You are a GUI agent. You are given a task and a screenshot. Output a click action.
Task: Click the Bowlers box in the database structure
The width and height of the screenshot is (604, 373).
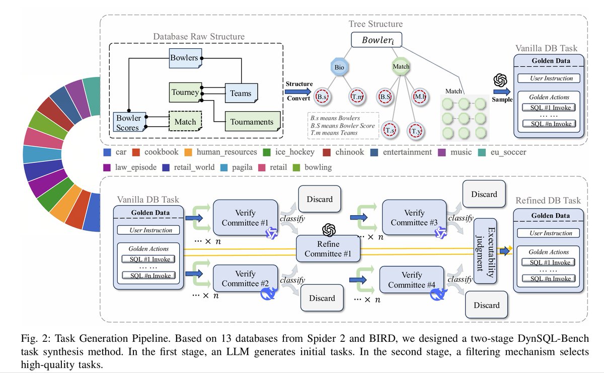tap(184, 58)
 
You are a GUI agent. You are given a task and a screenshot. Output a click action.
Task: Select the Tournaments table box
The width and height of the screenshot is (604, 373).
tap(252, 122)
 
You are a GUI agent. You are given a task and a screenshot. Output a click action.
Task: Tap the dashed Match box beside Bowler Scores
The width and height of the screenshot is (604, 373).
tap(185, 122)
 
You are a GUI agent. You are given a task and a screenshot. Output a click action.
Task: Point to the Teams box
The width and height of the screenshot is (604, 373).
tap(241, 93)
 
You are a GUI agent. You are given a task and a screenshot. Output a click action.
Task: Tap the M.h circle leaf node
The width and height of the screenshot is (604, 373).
tap(420, 96)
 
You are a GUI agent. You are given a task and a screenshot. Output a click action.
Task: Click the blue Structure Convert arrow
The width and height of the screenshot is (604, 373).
tap(298, 91)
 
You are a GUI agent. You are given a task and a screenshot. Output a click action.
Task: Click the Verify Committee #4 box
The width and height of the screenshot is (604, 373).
tap(412, 281)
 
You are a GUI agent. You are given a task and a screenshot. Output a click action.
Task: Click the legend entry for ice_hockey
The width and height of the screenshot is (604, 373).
tap(291, 152)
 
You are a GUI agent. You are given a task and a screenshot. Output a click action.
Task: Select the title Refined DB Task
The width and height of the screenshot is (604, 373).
tap(548, 201)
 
